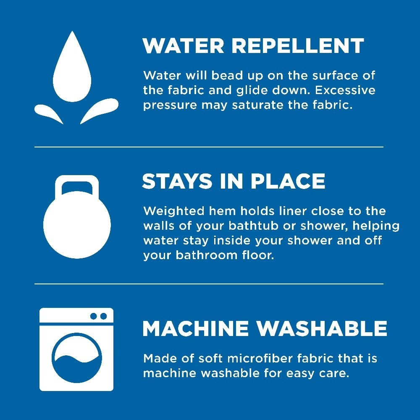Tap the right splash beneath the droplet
click(100, 110)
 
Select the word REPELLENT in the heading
click(298, 46)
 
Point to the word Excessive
click(345, 90)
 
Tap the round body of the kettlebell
click(77, 225)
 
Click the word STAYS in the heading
click(177, 181)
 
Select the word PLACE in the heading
click(288, 181)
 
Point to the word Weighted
click(174, 212)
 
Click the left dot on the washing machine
click(94, 316)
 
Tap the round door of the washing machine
click(77, 358)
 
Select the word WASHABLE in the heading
click(321, 328)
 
